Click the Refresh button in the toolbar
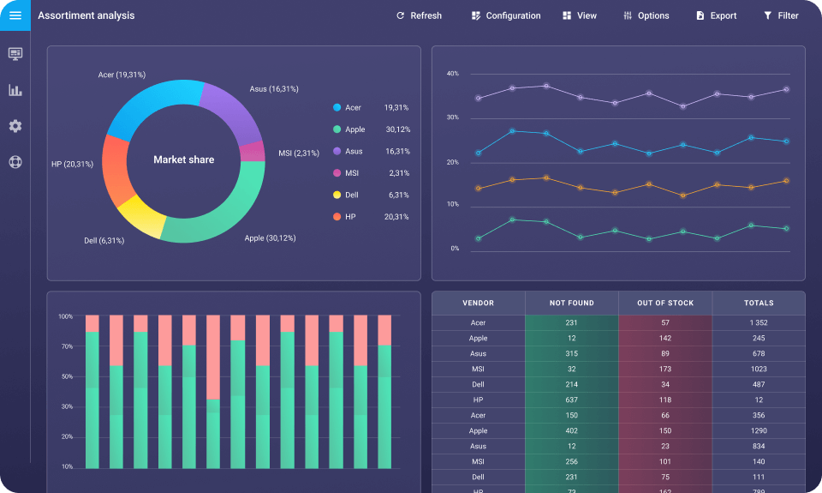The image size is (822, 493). point(419,15)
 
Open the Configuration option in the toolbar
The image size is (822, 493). point(506,15)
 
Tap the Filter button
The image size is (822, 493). point(781,15)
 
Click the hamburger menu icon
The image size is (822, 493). point(15,15)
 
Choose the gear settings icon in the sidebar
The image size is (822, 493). point(15,126)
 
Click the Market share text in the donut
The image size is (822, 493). point(183,159)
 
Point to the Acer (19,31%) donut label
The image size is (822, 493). point(122,75)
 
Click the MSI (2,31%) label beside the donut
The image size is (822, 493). point(299,153)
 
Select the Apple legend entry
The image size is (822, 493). point(354,129)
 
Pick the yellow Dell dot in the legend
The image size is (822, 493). point(337,195)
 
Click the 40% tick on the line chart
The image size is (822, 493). point(453,74)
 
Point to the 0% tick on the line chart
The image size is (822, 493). point(455,249)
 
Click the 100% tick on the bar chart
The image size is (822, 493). point(65,316)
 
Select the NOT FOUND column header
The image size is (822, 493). point(571,303)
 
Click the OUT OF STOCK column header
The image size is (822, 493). point(665,303)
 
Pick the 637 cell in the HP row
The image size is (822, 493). point(571,400)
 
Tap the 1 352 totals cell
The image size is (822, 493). point(759,322)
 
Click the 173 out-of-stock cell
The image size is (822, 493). point(665,369)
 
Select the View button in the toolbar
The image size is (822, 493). point(580,15)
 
